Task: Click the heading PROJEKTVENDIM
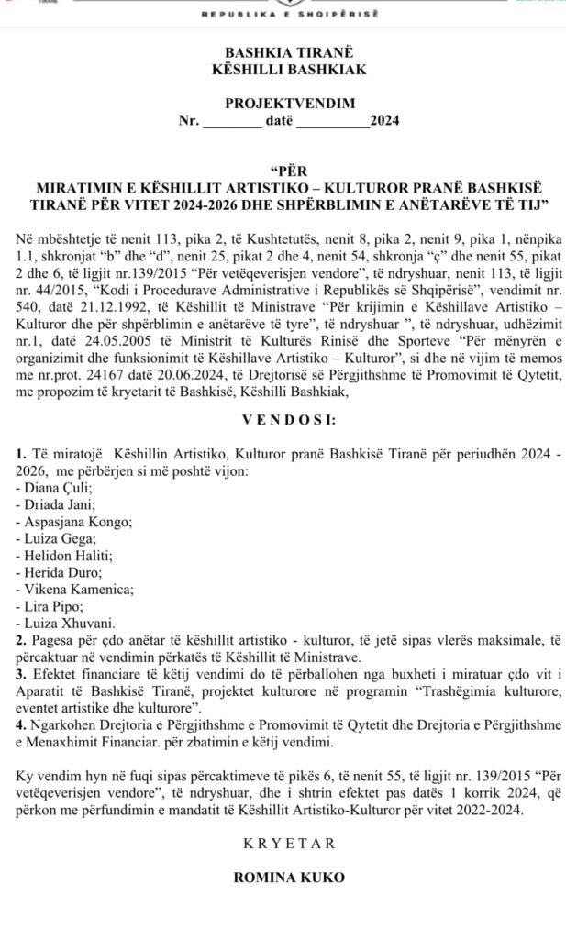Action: [283, 105]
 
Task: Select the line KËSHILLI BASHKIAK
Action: [283, 72]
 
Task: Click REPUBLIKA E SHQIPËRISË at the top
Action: [283, 17]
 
